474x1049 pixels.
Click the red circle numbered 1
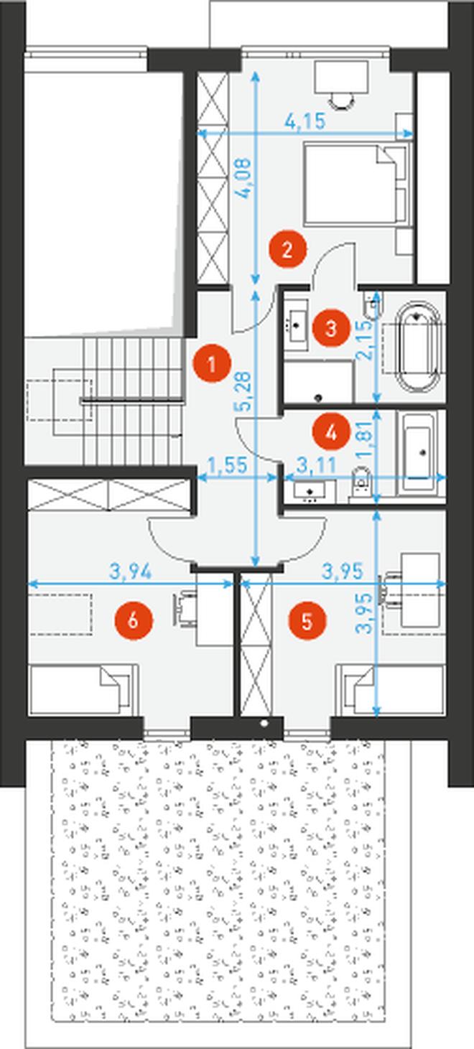pos(212,363)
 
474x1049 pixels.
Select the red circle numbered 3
pos(331,328)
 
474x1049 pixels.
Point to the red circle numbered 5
pos(307,621)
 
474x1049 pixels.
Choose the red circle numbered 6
pos(134,621)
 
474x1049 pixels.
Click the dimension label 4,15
pos(305,122)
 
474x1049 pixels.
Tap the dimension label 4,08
pos(243,179)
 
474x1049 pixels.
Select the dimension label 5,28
pos(244,391)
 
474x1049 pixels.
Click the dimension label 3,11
pos(317,465)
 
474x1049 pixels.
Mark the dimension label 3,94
pos(131,572)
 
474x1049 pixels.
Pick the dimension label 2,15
pos(366,339)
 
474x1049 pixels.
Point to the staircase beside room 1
pos(133,401)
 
